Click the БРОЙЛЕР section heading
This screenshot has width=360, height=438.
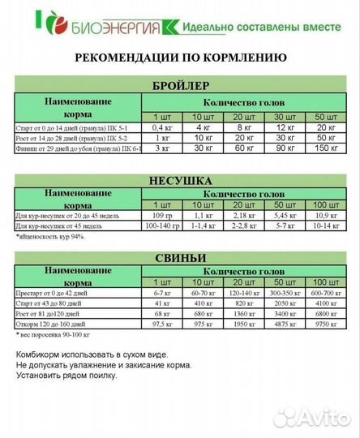click(181, 85)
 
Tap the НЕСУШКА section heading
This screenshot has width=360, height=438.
click(181, 180)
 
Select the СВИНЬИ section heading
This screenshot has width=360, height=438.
click(181, 258)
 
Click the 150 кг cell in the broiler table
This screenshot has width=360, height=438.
click(325, 148)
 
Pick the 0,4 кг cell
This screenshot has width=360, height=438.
click(163, 127)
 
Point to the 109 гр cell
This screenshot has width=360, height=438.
click(163, 215)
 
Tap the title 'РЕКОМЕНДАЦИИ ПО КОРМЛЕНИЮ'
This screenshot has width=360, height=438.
click(179, 58)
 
